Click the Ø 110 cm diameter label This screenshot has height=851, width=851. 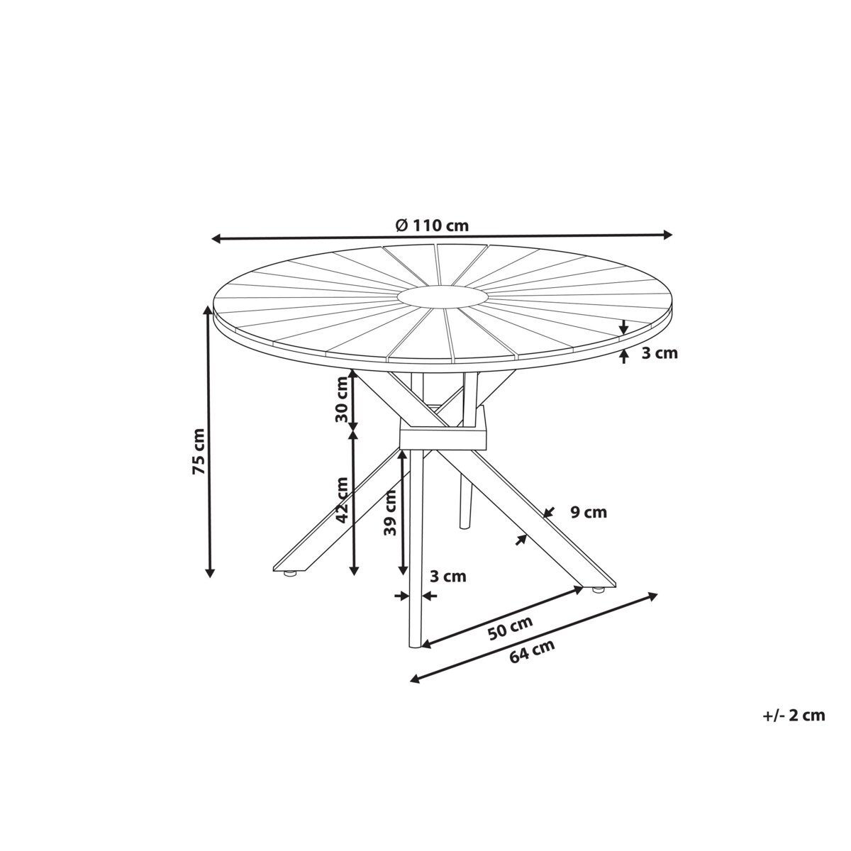coord(432,226)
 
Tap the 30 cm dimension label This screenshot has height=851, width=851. coord(343,399)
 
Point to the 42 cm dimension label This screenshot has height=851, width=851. coord(343,499)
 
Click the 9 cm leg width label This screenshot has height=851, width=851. coord(589,512)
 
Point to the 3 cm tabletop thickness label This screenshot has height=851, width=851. coord(659,352)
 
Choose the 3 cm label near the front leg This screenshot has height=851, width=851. coord(449,577)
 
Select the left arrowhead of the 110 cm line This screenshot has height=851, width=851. coord(216,238)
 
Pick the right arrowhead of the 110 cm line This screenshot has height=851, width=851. coord(667,234)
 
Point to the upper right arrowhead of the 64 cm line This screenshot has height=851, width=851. coord(653,596)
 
